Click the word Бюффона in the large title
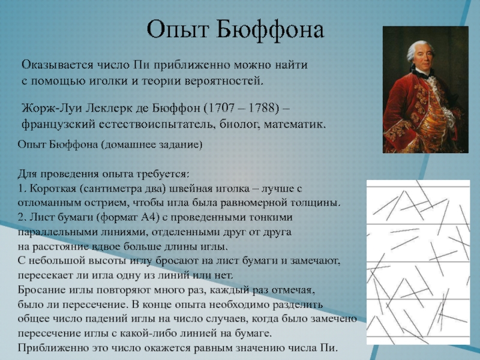pyautogui.click(x=269, y=30)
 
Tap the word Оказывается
pyautogui.click(x=57, y=65)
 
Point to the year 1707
pyautogui.click(x=221, y=109)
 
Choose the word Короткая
pyautogui.click(x=53, y=188)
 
